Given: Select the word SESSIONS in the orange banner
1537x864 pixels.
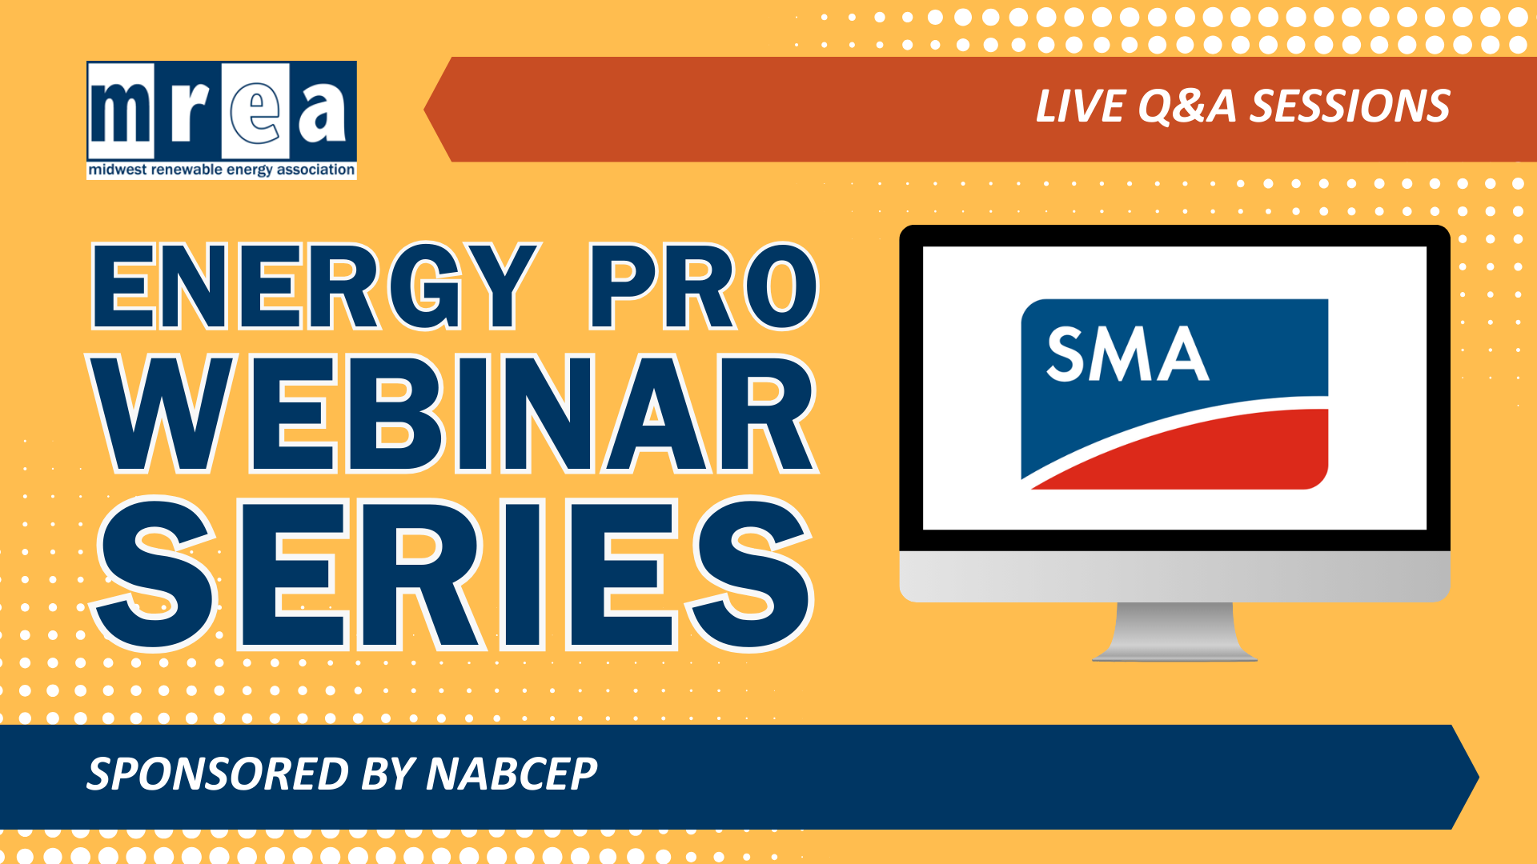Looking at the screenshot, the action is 1350,106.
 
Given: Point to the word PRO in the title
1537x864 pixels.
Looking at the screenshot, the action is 704,286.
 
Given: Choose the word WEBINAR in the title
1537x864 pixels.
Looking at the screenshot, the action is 454,414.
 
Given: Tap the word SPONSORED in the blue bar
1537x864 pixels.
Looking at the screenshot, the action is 218,774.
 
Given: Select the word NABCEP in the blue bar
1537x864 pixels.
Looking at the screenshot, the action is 512,774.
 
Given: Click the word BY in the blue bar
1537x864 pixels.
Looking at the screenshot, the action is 387,774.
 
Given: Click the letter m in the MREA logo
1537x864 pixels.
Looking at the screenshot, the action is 121,111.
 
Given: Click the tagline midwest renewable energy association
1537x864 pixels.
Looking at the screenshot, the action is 221,170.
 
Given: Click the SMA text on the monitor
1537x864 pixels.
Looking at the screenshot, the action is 1128,354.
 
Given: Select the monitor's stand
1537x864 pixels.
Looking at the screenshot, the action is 1174,631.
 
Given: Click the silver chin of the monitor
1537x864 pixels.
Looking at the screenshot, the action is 1174,576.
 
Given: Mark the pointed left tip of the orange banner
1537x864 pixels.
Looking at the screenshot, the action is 424,110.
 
